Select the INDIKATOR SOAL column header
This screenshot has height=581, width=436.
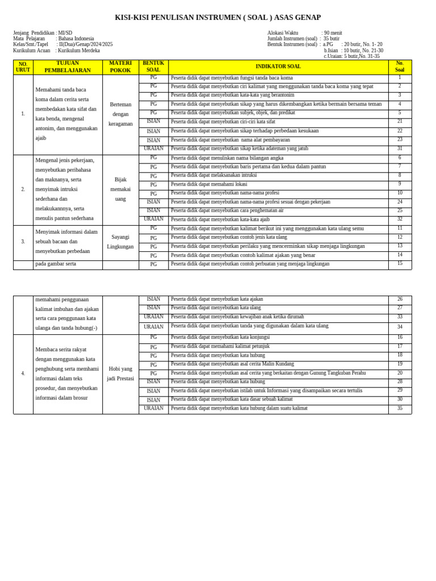(x=278, y=67)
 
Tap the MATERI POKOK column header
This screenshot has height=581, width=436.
(x=120, y=67)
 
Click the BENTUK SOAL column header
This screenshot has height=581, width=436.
(x=153, y=67)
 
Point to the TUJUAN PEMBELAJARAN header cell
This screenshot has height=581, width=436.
(x=68, y=67)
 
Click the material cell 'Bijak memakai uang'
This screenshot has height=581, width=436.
(x=120, y=189)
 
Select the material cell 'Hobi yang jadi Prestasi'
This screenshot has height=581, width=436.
(x=120, y=373)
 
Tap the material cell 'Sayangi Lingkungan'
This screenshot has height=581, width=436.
(x=120, y=242)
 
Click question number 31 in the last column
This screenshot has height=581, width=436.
(x=400, y=149)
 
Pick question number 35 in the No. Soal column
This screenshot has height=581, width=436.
(x=400, y=409)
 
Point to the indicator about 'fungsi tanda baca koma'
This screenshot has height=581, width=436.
(x=232, y=78)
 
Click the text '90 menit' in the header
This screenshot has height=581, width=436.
(x=333, y=33)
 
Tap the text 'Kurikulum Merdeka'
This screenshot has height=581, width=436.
(x=79, y=50)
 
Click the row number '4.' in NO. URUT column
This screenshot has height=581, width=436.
(x=23, y=373)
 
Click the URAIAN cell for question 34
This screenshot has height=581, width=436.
(x=153, y=327)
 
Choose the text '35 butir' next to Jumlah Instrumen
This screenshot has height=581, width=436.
(x=332, y=39)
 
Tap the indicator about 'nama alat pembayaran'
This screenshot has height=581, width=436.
(x=230, y=140)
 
